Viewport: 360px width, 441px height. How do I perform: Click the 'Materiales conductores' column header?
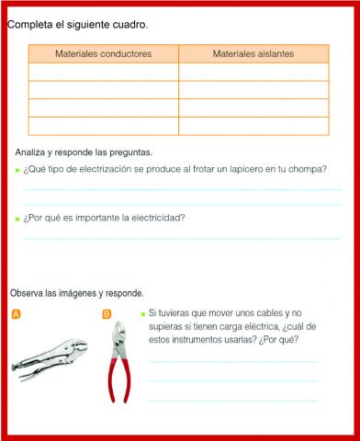pyautogui.click(x=103, y=54)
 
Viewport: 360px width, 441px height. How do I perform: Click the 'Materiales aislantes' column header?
pyautogui.click(x=253, y=54)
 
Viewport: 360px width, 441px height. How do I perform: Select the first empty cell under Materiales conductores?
pyautogui.click(x=103, y=72)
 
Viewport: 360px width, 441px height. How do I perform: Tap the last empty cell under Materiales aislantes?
pyautogui.click(x=253, y=126)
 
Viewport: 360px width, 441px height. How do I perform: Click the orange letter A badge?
pyautogui.click(x=16, y=314)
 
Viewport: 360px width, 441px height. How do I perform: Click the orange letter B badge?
pyautogui.click(x=107, y=314)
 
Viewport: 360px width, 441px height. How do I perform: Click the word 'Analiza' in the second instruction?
pyautogui.click(x=32, y=152)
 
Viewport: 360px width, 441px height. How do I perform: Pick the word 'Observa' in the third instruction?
pyautogui.click(x=28, y=293)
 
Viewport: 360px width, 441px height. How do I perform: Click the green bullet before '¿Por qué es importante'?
pyautogui.click(x=17, y=219)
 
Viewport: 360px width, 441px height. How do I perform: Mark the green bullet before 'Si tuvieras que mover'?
pyautogui.click(x=142, y=313)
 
